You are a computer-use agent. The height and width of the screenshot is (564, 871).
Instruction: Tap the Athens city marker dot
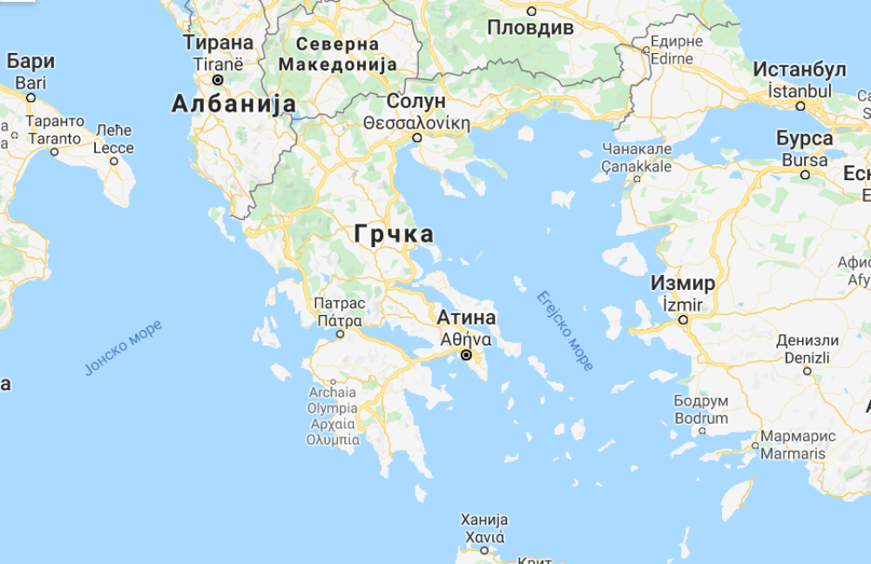(466, 355)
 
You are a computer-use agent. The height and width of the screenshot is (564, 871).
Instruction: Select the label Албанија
(233, 104)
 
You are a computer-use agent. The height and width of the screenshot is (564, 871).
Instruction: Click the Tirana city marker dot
(218, 80)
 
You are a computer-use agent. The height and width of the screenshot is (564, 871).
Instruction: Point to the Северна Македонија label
(338, 54)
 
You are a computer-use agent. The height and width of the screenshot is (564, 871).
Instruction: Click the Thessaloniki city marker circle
(417, 138)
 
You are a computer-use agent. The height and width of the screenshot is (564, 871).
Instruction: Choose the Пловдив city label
(530, 27)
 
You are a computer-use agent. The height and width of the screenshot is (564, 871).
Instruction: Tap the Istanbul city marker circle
(801, 106)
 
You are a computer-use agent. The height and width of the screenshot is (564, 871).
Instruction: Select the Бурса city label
(804, 138)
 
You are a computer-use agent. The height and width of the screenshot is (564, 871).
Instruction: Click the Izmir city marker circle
(684, 319)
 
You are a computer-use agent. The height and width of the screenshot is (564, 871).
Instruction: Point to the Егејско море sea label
(564, 331)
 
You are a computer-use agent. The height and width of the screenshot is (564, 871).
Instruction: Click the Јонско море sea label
(123, 347)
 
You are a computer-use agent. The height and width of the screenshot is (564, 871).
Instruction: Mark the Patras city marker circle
(341, 333)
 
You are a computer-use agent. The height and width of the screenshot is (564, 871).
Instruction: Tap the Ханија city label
(483, 520)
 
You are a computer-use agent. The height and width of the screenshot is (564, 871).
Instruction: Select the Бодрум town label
(700, 401)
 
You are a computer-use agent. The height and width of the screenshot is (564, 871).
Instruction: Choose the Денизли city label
(807, 340)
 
